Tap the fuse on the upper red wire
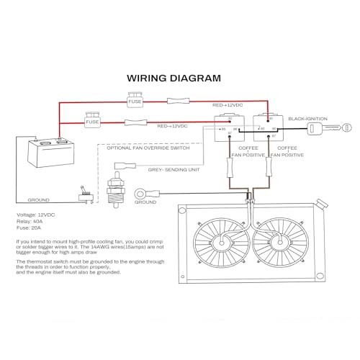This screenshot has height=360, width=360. [x=138, y=103]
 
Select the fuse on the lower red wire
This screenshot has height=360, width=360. [x=91, y=122]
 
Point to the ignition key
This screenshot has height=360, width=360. [x=318, y=128]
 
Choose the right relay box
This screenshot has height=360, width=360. [x=271, y=128]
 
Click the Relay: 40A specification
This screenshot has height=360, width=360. [x=30, y=221]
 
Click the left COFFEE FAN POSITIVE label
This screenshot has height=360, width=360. [x=242, y=152]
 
